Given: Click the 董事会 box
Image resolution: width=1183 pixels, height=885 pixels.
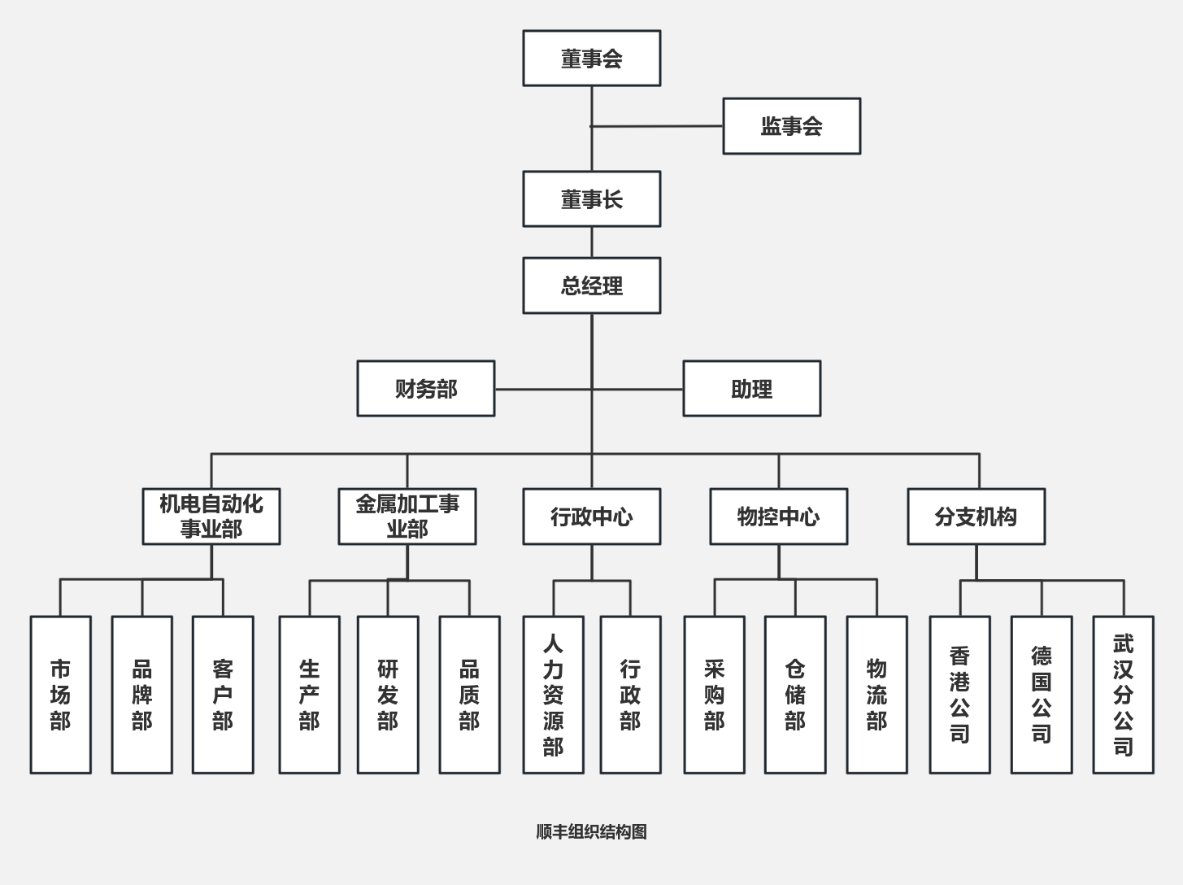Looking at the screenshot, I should (591, 59).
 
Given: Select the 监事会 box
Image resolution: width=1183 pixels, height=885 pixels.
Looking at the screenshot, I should (791, 126).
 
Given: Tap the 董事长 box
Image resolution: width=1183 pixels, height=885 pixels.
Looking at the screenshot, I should (591, 199).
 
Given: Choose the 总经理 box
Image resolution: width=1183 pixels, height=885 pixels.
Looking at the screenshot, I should (591, 286).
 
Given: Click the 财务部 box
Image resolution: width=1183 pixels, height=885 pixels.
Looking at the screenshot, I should (425, 389).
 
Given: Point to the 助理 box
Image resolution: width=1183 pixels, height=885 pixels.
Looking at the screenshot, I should (751, 389).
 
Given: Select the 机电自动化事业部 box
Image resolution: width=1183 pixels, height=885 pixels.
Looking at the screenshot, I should (211, 517).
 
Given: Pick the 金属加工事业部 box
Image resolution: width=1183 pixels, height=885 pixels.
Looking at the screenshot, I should (407, 517).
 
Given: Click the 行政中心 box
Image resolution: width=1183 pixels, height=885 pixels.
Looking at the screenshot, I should (591, 517).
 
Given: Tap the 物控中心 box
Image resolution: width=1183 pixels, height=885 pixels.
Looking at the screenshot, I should (778, 517).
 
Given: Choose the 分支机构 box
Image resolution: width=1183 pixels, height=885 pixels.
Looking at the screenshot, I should (976, 517).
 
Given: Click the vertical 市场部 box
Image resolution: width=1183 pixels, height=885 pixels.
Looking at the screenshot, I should (60, 695).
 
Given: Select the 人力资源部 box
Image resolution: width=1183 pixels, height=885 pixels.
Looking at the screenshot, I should (553, 695).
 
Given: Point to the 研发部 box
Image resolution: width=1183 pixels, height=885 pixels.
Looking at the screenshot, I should (388, 695).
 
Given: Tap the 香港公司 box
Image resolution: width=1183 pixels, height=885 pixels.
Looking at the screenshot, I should (959, 695).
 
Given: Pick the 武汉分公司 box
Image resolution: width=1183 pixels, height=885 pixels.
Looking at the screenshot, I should (1123, 695).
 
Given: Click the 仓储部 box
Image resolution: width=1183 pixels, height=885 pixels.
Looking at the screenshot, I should (795, 695).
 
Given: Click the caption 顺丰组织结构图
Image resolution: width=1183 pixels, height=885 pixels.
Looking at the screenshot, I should (591, 831).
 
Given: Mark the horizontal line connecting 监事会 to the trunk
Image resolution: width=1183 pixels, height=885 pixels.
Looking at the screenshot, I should (657, 126).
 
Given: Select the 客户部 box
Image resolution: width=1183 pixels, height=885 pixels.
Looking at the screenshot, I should (223, 695).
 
